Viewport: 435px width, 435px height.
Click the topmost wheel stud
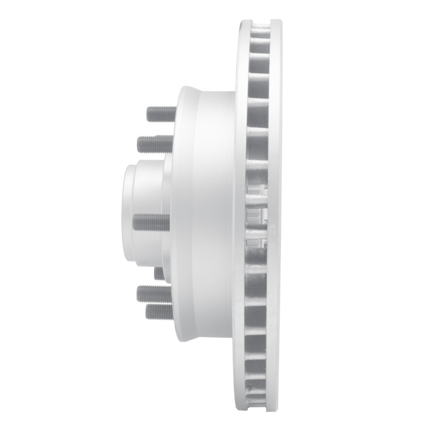coord(161,115)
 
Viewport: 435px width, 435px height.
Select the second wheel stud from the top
coord(156,144)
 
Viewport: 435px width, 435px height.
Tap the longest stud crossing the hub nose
coord(152,222)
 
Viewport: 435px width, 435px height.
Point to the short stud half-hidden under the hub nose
coord(159,273)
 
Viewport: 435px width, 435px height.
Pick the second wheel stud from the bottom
coord(154,294)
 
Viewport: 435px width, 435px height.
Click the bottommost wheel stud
coord(159,312)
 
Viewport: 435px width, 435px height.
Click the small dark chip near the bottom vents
coord(250,387)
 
